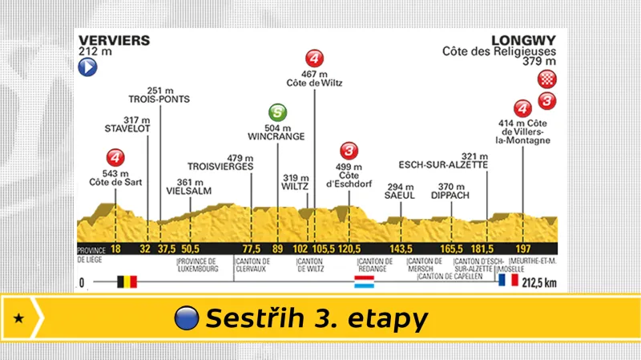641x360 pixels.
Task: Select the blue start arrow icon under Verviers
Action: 87,69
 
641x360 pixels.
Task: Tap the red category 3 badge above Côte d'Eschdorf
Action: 349,150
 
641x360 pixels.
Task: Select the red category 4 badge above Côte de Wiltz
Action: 315,58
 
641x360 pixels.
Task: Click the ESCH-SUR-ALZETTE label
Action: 443,165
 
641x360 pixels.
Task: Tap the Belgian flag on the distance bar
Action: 127,282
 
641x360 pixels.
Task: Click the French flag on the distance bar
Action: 506,282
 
